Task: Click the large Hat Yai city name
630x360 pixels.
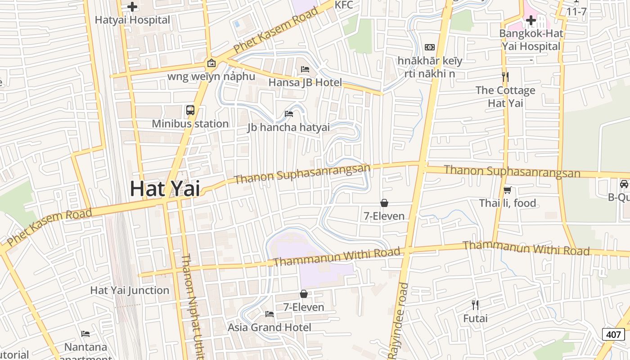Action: pyautogui.click(x=165, y=189)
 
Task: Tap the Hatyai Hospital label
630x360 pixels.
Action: pyautogui.click(x=132, y=20)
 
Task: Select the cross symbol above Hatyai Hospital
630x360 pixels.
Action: pyautogui.click(x=132, y=7)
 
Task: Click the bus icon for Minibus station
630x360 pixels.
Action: pyautogui.click(x=190, y=110)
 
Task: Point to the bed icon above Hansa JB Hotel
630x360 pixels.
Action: pyautogui.click(x=305, y=69)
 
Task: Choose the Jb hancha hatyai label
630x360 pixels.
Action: pyautogui.click(x=288, y=127)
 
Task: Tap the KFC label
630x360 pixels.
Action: pyautogui.click(x=344, y=5)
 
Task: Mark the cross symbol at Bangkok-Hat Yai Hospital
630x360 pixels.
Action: pyautogui.click(x=531, y=20)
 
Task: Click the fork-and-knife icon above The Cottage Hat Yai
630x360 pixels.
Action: pyautogui.click(x=505, y=77)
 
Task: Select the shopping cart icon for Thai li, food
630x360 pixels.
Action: pyautogui.click(x=508, y=190)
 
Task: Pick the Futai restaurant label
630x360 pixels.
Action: pyautogui.click(x=475, y=319)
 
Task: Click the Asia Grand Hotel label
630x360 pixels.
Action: pyautogui.click(x=269, y=327)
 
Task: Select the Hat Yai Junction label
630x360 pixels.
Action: pyautogui.click(x=130, y=290)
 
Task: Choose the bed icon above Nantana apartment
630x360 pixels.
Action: pyautogui.click(x=85, y=334)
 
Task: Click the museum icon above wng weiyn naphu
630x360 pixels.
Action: pyautogui.click(x=211, y=63)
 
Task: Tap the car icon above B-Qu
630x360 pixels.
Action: pyautogui.click(x=624, y=184)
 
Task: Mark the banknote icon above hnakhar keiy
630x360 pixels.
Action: pyautogui.click(x=430, y=47)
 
